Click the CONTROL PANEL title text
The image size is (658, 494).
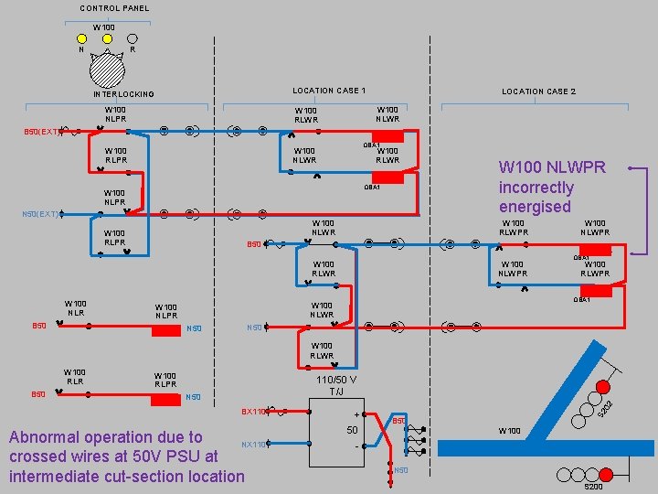[x=114, y=8]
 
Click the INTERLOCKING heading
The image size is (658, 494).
[x=123, y=94]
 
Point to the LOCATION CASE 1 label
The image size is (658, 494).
[x=329, y=91]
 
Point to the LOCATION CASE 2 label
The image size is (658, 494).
[x=538, y=91]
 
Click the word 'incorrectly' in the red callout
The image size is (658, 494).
[x=536, y=188]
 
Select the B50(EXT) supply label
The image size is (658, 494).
[x=42, y=132]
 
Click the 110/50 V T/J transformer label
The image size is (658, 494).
[x=336, y=385]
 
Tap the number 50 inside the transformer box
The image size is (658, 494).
[x=352, y=430]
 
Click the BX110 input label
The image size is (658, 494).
[x=253, y=412]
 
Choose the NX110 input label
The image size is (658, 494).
[x=253, y=445]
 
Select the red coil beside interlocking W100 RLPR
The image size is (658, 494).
[x=166, y=398]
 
